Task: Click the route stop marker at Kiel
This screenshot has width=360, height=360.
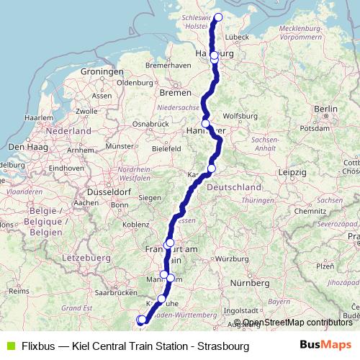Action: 219,18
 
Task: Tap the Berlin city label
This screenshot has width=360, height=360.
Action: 325,109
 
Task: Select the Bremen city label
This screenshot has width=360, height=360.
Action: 176,93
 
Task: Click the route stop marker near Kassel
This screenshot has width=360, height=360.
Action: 211,168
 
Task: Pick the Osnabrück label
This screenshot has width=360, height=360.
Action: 150,124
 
